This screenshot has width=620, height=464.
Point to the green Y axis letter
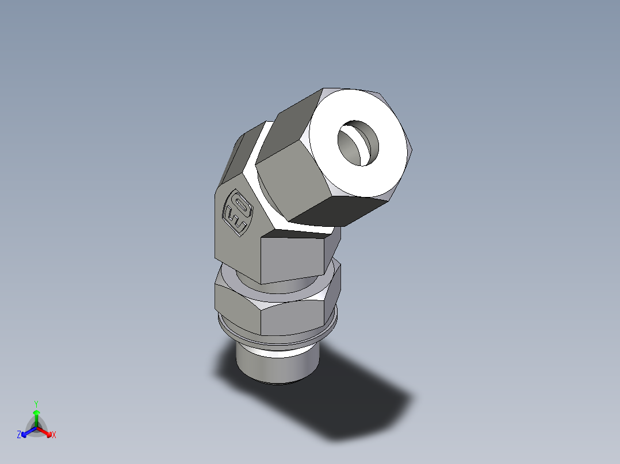36,404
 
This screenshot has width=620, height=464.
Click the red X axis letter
53,435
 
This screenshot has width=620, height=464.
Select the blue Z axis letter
19,435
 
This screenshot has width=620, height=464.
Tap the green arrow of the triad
36,415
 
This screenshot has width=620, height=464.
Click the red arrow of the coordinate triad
45,431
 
